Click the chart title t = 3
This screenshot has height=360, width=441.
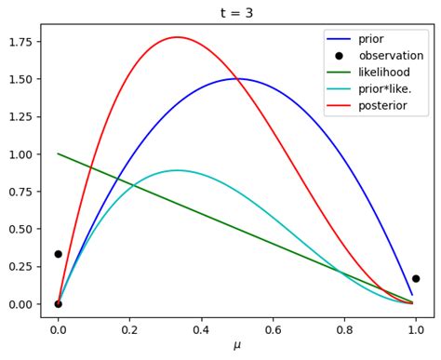tap(236, 13)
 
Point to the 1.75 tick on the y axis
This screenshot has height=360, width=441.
tap(20, 42)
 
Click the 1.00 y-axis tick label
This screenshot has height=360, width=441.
tap(20, 154)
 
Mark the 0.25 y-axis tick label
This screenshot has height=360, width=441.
tap(20, 267)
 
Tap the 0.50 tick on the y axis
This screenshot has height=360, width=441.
tap(20, 230)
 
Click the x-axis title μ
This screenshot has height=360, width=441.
tap(236, 346)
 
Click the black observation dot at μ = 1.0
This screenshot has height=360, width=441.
tap(416, 278)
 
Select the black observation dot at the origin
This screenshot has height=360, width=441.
tap(58, 304)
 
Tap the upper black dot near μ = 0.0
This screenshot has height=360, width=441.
tap(58, 254)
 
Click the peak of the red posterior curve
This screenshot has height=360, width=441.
tap(177, 37)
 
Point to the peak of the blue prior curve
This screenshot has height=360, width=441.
tap(237, 78)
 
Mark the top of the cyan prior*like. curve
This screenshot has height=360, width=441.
tap(177, 170)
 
